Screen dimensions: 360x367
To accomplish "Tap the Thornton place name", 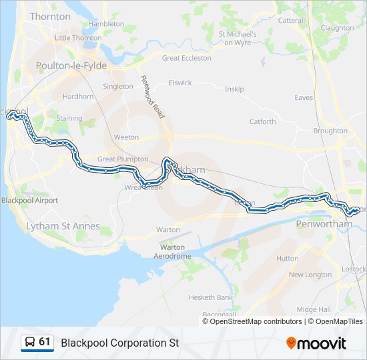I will pyautogui.click(x=50, y=16).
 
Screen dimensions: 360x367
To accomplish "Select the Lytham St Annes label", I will pyautogui.click(x=63, y=227).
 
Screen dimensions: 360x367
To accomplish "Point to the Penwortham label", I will pyautogui.click(x=324, y=224).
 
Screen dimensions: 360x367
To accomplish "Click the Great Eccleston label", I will pyautogui.click(x=187, y=58).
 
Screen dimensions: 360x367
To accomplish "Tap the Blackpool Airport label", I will pyautogui.click(x=29, y=200).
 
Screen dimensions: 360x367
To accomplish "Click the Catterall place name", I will pyautogui.click(x=291, y=21).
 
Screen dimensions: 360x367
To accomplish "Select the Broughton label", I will pyautogui.click(x=330, y=131).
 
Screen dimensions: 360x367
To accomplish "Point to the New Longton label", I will pyautogui.click(x=310, y=275).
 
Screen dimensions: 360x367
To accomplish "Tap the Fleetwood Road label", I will pyautogui.click(x=152, y=97).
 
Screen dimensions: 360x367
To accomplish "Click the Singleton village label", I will pyautogui.click(x=118, y=87).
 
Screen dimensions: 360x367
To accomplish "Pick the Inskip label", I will pyautogui.click(x=234, y=89).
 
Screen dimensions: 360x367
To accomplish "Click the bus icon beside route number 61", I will pyautogui.click(x=30, y=343).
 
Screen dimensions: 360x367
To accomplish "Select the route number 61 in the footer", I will pyautogui.click(x=45, y=342).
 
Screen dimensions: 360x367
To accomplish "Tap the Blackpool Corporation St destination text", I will pyautogui.click(x=120, y=343).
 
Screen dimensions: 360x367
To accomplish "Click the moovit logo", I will pyautogui.click(x=316, y=343).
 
